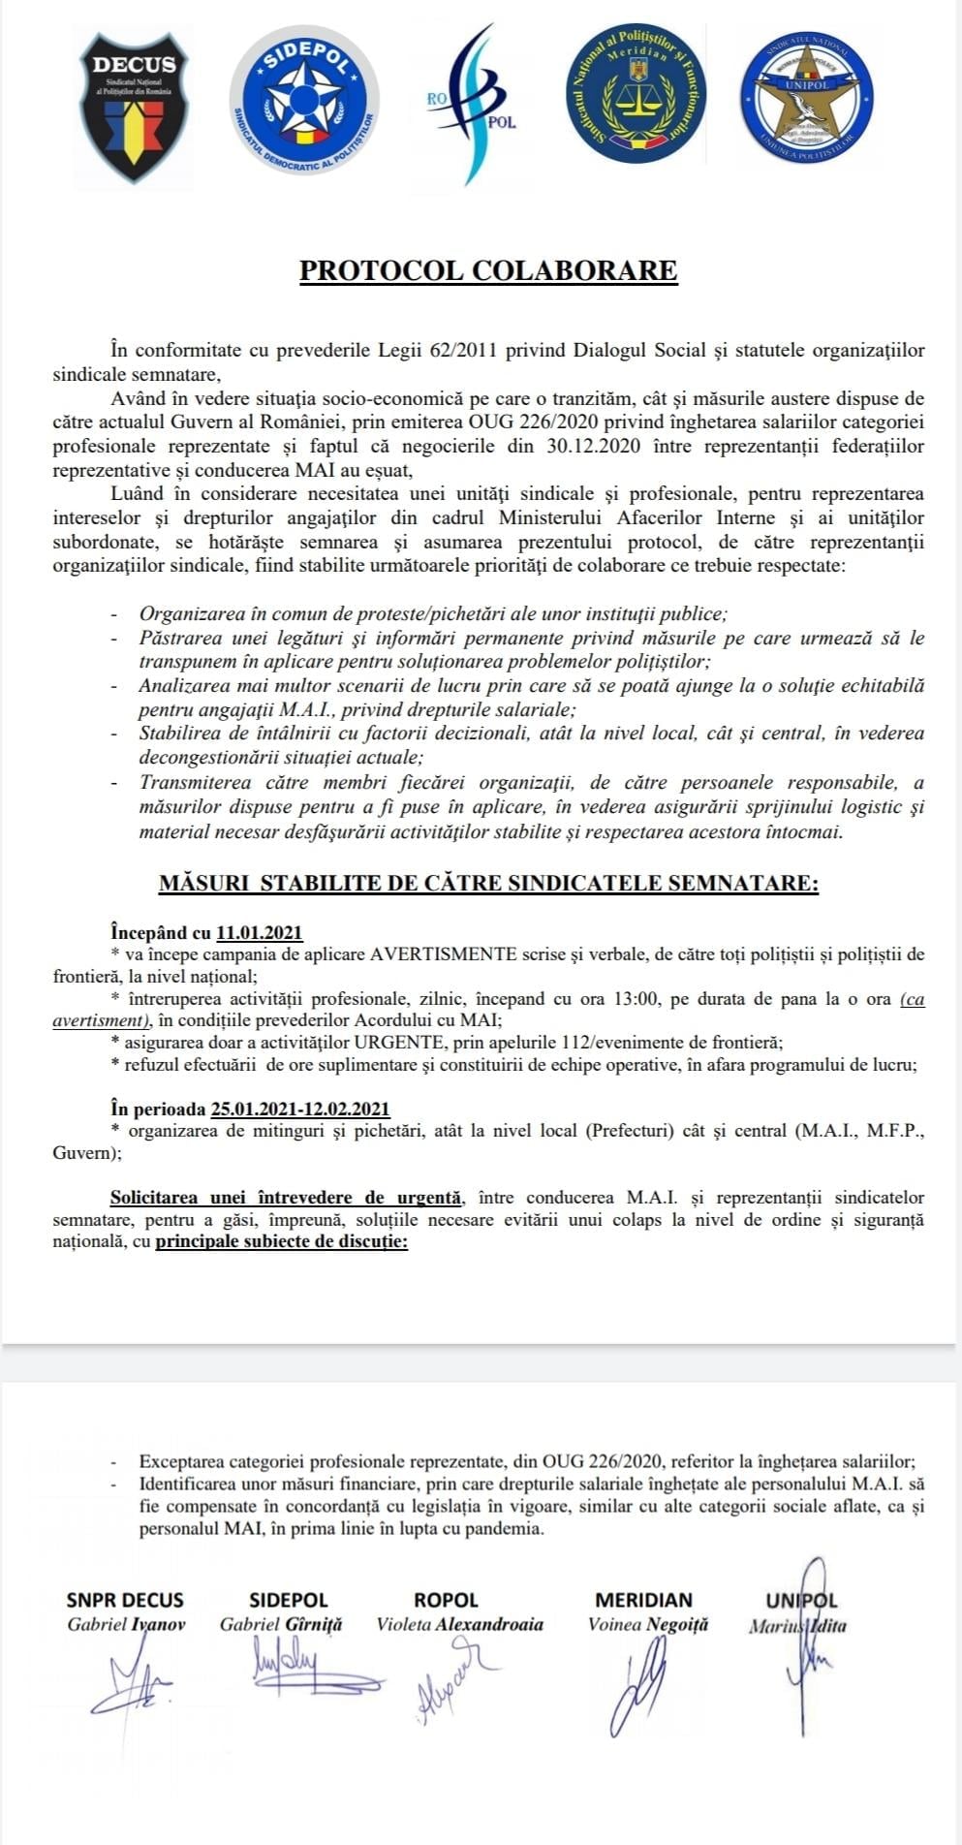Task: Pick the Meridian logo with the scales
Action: (x=636, y=94)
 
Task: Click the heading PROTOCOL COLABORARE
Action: (x=488, y=270)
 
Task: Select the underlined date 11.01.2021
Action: (x=260, y=933)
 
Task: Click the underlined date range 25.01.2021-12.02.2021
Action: (x=300, y=1110)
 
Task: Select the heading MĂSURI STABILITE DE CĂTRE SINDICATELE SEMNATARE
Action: (x=488, y=883)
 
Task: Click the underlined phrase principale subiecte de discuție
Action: (x=282, y=1241)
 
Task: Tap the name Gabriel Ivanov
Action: (x=126, y=1625)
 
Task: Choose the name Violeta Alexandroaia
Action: (x=460, y=1625)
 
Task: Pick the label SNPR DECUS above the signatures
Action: (x=125, y=1600)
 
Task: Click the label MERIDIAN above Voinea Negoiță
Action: (x=644, y=1600)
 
